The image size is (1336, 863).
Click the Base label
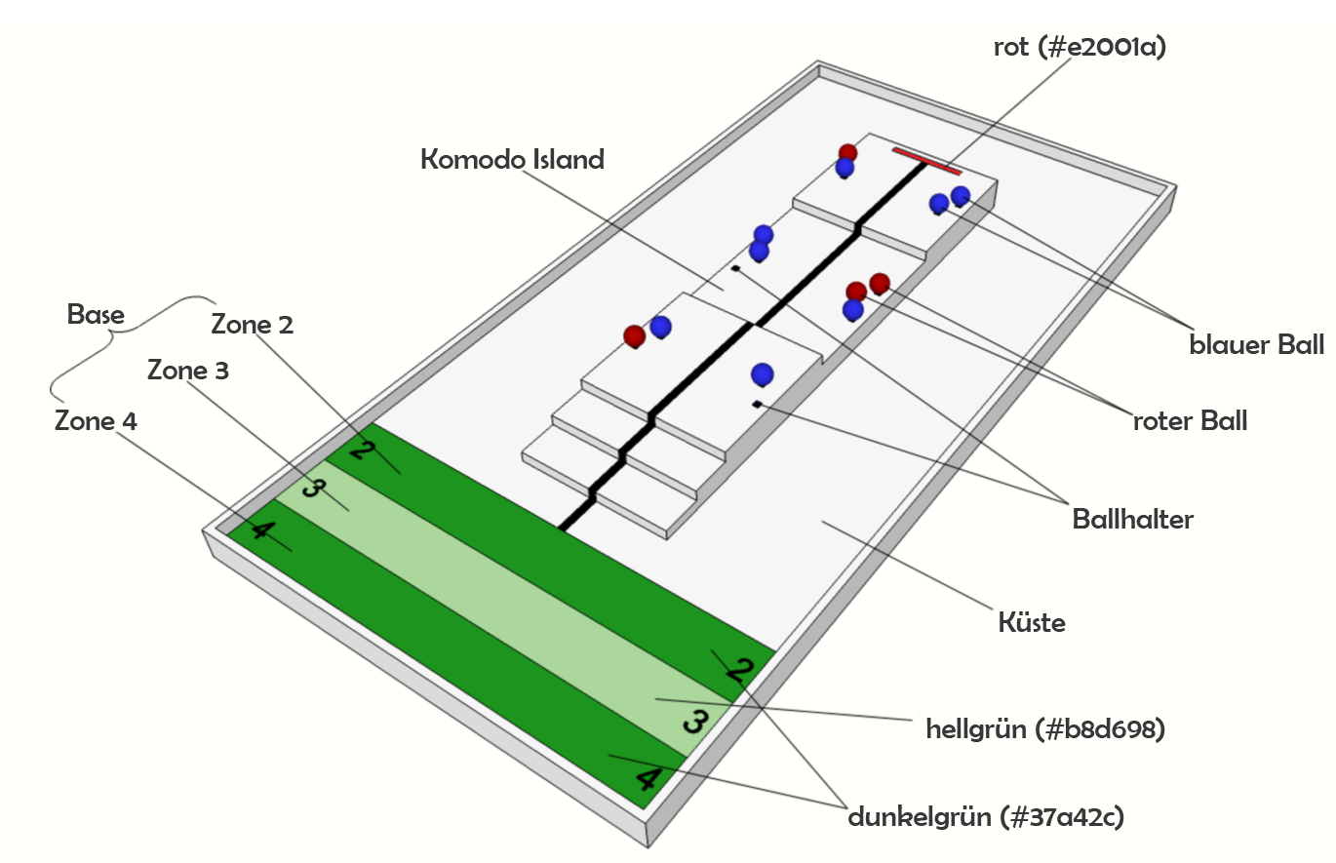tap(96, 315)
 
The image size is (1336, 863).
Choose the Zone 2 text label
tap(253, 325)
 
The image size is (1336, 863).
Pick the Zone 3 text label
tap(188, 371)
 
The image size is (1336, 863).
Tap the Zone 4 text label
tap(96, 421)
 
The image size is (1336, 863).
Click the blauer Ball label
tap(1257, 345)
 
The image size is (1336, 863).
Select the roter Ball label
tap(1189, 421)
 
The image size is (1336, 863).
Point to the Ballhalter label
tap(1132, 520)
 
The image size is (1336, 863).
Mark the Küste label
tap(1032, 622)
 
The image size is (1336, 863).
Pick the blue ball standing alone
tap(763, 374)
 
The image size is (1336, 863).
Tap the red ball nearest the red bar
tap(848, 153)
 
